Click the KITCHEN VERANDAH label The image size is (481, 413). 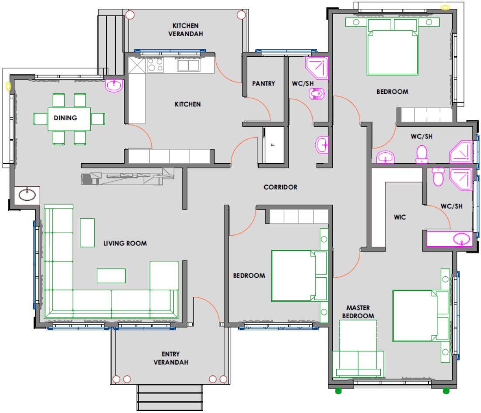coord(186,30)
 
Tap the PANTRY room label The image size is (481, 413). coord(263,83)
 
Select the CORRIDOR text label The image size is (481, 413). coord(280,187)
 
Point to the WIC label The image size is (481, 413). coord(400,217)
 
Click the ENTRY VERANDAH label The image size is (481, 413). coord(171,358)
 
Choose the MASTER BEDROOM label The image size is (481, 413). coord(358,312)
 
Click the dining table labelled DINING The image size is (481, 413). coord(69,119)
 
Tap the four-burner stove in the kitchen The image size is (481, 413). coord(155,65)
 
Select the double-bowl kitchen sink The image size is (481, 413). coord(188,65)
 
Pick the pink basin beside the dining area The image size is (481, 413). coord(114,85)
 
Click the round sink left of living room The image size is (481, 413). coord(27,195)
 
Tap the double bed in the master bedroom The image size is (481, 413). coord(420,316)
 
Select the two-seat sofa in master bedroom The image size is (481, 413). coord(358,364)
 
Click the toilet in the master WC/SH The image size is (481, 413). coord(438,177)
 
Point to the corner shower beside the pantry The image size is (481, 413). coord(317,68)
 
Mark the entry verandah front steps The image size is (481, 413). coord(170,397)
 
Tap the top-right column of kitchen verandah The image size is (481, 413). coord(241,15)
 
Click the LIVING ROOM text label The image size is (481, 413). coord(125,244)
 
